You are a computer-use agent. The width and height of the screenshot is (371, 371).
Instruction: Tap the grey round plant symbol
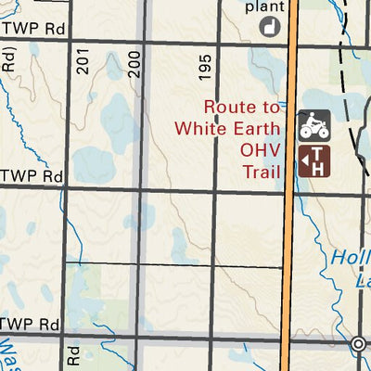(271, 27)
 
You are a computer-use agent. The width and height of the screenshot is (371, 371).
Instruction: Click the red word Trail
(262, 171)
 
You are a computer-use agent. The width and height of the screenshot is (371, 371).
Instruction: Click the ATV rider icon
(313, 125)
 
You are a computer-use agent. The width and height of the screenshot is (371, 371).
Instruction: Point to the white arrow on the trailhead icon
(305, 162)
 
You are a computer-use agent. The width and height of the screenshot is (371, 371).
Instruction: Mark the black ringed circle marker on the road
(359, 344)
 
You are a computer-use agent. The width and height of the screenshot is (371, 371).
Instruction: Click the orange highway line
(288, 232)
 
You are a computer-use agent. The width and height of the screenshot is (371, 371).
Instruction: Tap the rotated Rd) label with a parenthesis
(9, 59)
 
